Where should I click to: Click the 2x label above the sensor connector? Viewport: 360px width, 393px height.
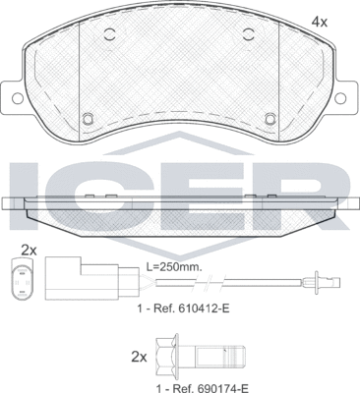[x=30, y=250]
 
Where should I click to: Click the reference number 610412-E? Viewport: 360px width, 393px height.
[x=179, y=309]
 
